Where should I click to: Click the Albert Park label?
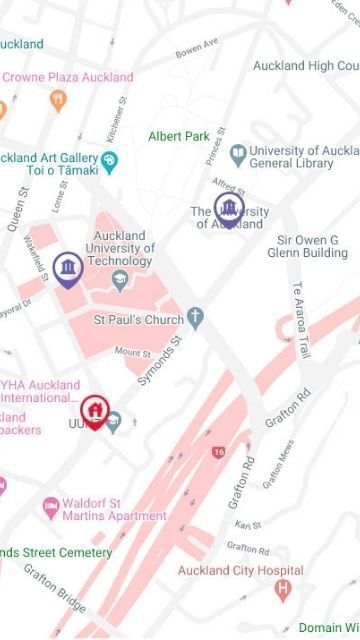tap(178, 136)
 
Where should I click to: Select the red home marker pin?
tap(94, 410)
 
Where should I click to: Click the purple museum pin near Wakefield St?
tap(68, 268)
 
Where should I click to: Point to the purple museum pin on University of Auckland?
tap(230, 209)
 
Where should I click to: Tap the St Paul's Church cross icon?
tap(196, 320)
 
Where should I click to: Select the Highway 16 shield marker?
tap(219, 452)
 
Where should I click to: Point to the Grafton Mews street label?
tap(278, 466)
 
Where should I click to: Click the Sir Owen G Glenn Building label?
tap(307, 246)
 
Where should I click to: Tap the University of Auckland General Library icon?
tap(237, 153)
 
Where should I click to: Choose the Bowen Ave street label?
tap(196, 49)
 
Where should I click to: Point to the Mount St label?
tap(132, 352)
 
